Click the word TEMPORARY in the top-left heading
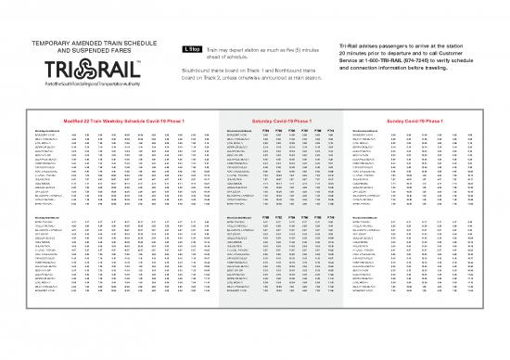tap(57, 42)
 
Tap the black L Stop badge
tap(189, 48)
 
